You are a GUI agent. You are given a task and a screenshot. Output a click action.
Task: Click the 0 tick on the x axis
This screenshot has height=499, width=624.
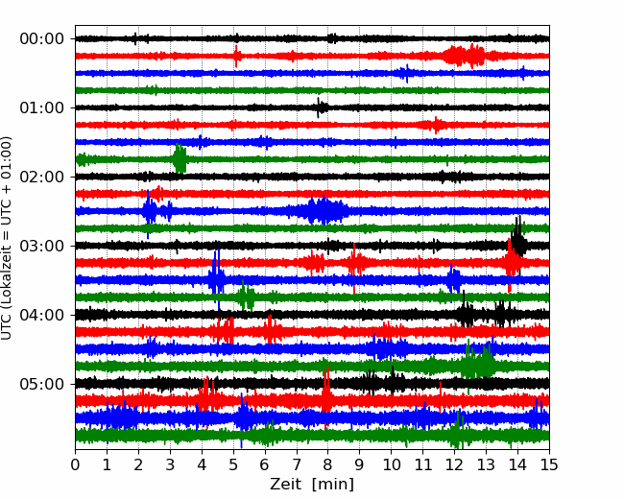point(76,464)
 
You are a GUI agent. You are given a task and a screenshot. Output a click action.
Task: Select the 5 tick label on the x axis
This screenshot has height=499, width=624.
point(233,464)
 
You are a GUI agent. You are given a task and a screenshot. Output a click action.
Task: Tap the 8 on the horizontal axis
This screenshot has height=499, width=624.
point(328,464)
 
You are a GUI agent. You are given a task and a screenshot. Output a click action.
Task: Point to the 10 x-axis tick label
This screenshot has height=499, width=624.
point(391,464)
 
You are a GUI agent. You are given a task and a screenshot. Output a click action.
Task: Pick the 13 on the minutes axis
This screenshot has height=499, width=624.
point(486,464)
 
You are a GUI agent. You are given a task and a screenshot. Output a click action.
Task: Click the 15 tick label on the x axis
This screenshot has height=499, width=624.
point(548,464)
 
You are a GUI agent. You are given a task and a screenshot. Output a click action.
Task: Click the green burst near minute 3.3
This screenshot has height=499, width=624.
point(180,158)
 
